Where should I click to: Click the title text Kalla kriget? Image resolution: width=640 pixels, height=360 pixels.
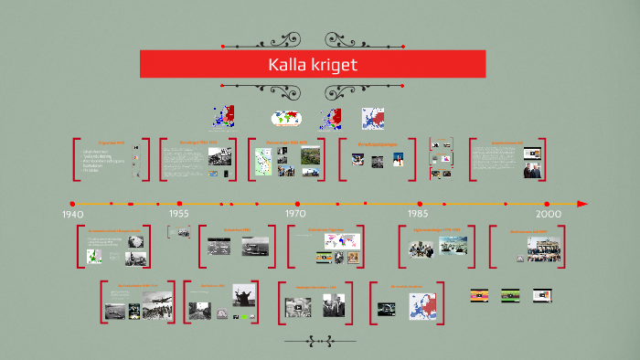tap(312, 65)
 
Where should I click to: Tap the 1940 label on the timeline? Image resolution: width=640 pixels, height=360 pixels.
tap(72, 214)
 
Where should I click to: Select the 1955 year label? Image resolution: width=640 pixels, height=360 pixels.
tap(178, 214)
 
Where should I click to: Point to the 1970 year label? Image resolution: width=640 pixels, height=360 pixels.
tap(294, 214)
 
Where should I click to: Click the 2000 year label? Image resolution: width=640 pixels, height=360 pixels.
tap(549, 214)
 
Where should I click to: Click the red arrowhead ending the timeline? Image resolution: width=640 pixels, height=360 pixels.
tap(582, 204)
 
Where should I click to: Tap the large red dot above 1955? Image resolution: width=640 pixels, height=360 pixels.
tap(179, 204)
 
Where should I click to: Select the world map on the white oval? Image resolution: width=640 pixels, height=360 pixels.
tap(286, 119)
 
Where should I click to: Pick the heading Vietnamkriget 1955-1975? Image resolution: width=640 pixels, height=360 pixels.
tap(285, 143)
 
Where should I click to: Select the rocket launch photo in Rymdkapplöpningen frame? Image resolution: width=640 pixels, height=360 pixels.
tap(398, 160)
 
